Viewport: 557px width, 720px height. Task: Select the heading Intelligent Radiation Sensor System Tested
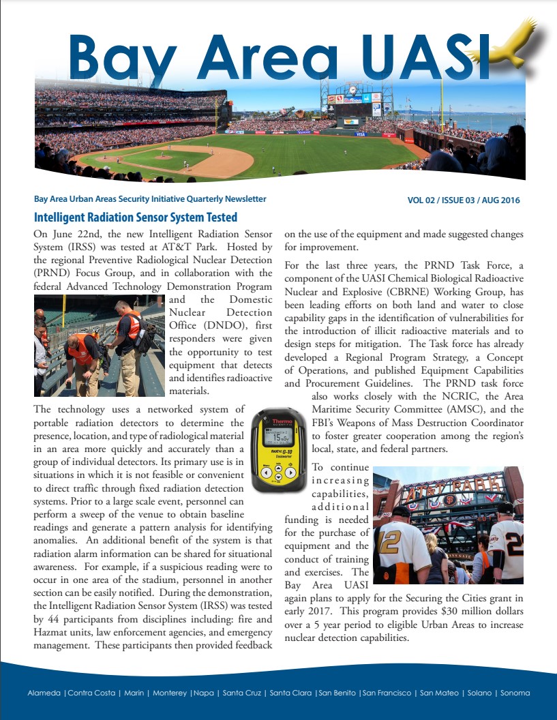(136, 217)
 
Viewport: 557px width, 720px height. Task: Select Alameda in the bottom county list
(44, 693)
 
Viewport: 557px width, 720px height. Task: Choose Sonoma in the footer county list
(515, 693)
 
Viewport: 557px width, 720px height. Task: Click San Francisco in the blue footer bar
(387, 693)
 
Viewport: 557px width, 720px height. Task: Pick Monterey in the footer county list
(170, 693)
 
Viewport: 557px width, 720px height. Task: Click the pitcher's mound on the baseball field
(162, 156)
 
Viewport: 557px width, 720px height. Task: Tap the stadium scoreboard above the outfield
(353, 108)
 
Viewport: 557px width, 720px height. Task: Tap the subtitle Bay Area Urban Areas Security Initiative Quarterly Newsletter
(150, 199)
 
